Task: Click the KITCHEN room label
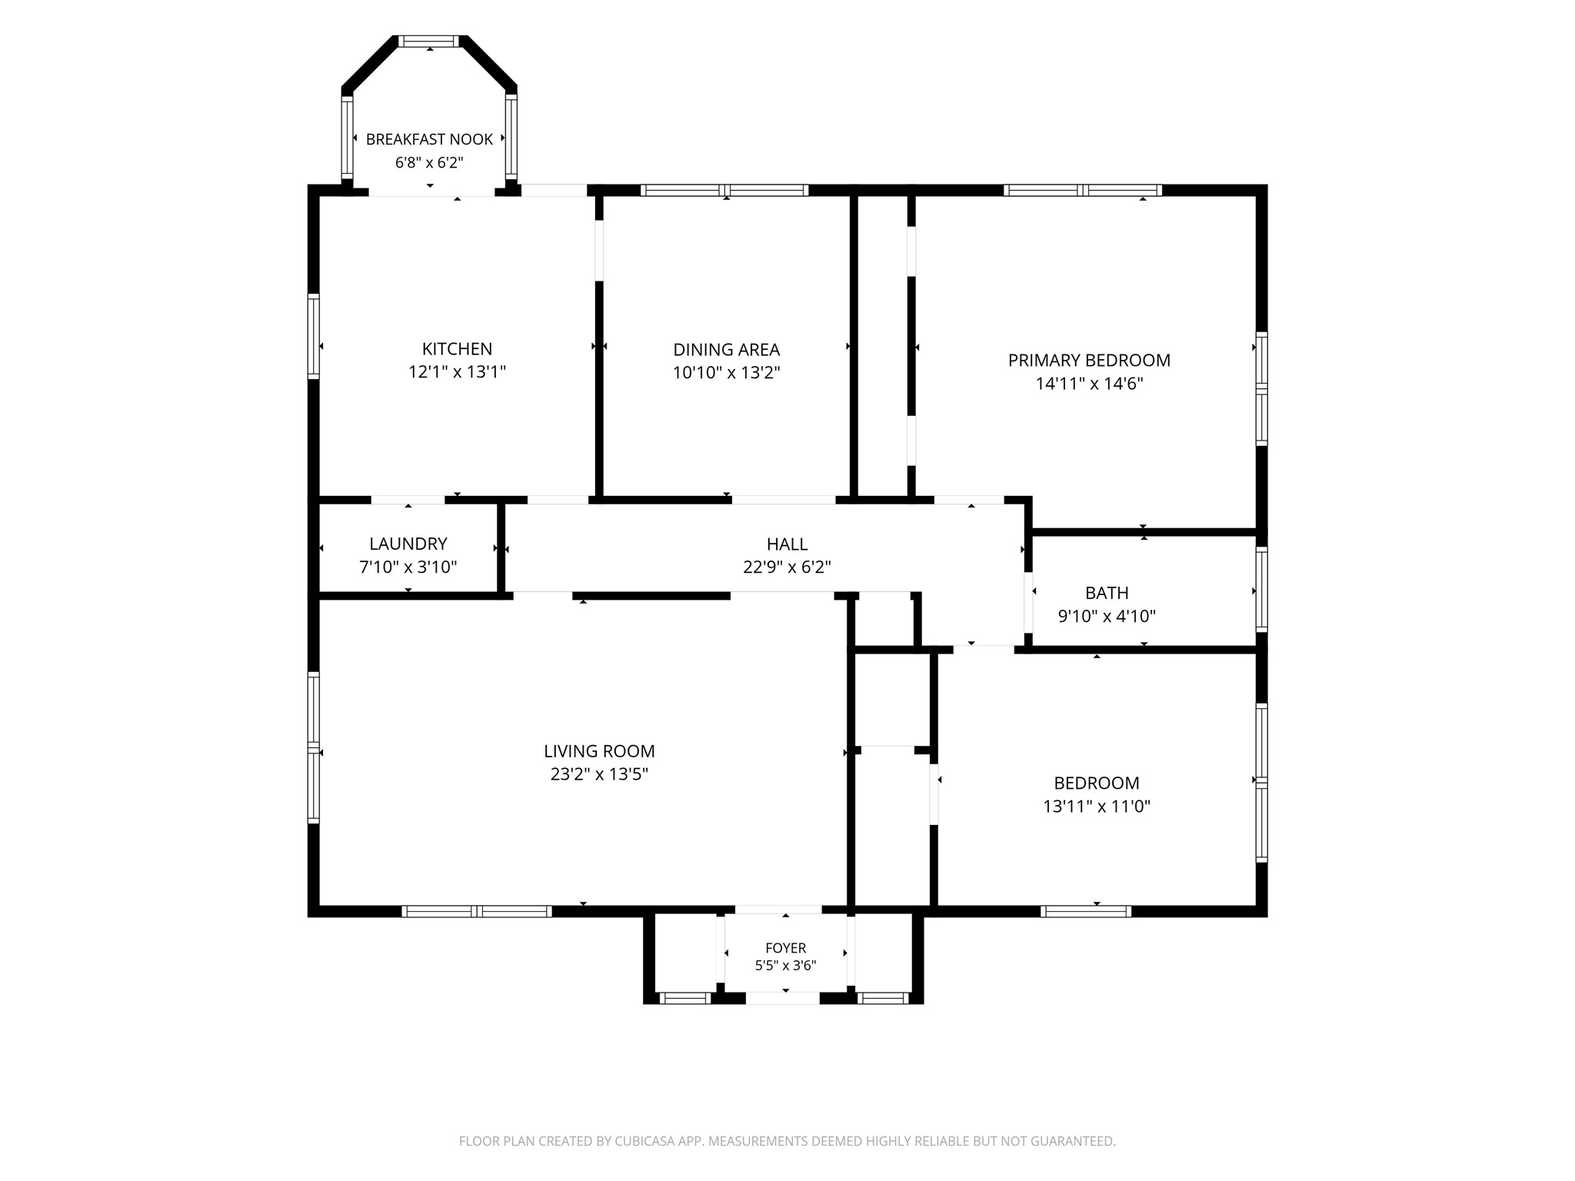(x=457, y=349)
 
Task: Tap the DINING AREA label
(x=727, y=350)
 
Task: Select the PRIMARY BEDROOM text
(x=1089, y=361)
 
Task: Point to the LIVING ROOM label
(x=599, y=751)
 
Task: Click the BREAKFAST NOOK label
(x=429, y=139)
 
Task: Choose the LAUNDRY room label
(x=408, y=544)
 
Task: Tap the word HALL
(x=787, y=544)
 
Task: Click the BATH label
(x=1107, y=593)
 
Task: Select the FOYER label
(x=785, y=948)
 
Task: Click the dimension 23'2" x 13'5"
(x=599, y=774)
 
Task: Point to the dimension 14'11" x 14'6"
(x=1089, y=384)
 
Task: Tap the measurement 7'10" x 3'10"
(x=408, y=567)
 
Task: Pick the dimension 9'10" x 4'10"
(x=1107, y=616)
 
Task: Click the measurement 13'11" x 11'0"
(x=1097, y=807)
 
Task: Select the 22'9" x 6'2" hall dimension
(x=787, y=567)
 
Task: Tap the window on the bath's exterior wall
(x=1261, y=589)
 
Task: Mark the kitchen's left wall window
(x=313, y=336)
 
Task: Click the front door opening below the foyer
(x=782, y=998)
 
